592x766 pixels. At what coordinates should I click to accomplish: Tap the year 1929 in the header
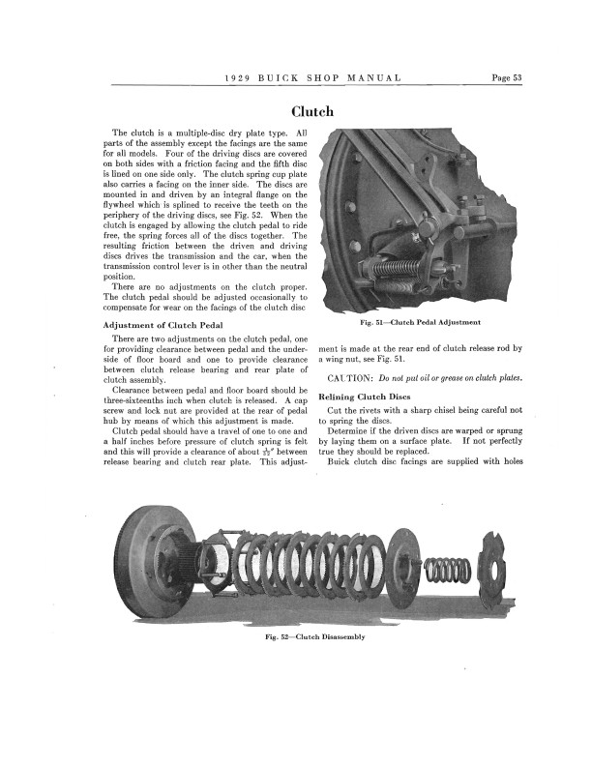238,78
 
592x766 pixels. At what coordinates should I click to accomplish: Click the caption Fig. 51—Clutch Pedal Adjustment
421,321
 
